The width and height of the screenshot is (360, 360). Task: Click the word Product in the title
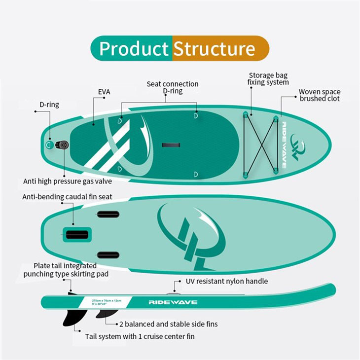tap(134, 49)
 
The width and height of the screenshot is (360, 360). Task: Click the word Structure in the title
tap(214, 49)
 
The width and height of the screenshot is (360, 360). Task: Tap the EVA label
tap(104, 92)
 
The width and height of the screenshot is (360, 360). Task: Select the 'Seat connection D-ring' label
tap(173, 88)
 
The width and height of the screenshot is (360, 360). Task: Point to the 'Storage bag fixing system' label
tap(268, 78)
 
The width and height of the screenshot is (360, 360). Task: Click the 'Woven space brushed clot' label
tap(320, 95)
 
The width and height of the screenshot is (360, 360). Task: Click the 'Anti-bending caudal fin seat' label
tap(67, 197)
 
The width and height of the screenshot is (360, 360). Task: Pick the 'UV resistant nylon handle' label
tap(227, 281)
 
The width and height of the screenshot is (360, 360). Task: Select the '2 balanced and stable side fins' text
tap(168, 324)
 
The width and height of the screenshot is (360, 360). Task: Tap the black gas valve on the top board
tap(62, 145)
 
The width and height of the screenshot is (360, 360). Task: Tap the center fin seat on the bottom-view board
tap(77, 234)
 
